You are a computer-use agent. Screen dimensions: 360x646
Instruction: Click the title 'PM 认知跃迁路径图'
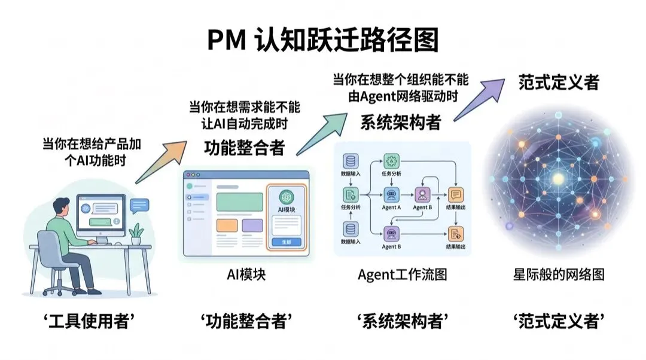(323, 40)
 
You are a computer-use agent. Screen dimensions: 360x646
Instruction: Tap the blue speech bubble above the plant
(139, 205)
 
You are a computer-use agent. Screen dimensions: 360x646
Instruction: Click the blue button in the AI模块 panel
(285, 242)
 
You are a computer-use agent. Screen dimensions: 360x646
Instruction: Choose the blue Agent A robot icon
(391, 194)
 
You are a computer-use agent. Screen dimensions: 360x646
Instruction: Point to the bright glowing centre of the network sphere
(558, 178)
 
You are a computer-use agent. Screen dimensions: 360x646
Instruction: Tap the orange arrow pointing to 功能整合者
(160, 161)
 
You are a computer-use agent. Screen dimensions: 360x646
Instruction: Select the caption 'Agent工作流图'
(403, 274)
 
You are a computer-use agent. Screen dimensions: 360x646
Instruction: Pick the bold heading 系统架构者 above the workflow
(400, 123)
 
